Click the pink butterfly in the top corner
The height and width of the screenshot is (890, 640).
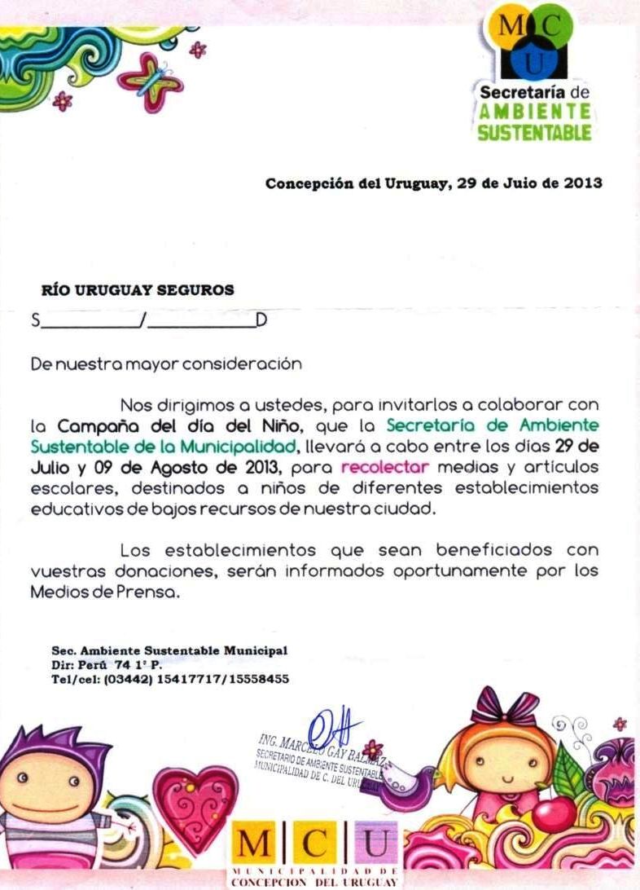click(149, 80)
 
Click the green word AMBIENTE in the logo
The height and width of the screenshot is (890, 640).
click(534, 112)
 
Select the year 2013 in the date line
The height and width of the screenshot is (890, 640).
click(583, 183)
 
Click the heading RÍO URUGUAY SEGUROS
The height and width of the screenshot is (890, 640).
click(138, 289)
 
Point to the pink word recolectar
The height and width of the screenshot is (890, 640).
click(385, 468)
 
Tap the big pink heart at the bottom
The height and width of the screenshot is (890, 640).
click(195, 804)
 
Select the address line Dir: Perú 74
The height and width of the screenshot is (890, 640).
click(106, 664)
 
